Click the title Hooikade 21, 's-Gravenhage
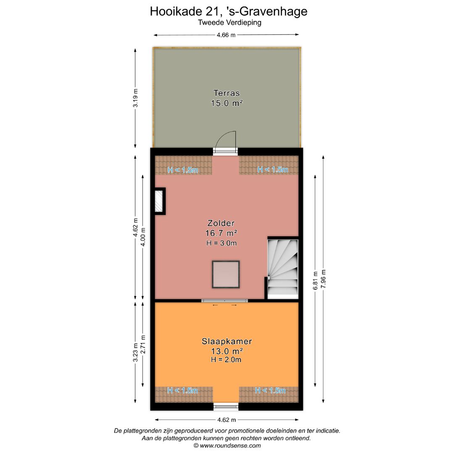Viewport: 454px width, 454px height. pos(228,11)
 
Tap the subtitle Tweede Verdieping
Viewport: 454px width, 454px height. pos(230,23)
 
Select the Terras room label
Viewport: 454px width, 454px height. pos(227,93)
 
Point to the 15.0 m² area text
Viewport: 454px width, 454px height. pos(227,103)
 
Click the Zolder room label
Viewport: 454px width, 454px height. pos(221,223)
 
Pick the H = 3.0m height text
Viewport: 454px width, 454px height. pos(222,243)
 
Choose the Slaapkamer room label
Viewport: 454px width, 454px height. pos(227,341)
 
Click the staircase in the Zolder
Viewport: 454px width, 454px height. pos(283,268)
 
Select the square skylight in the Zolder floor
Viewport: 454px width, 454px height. pos(226,275)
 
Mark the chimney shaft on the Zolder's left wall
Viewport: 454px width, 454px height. pos(159,201)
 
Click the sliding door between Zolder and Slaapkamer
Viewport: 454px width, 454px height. pos(224,301)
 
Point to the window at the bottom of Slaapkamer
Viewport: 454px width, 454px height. pos(226,406)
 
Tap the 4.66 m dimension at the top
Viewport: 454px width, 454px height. pos(226,35)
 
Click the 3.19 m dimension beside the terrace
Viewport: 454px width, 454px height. pos(135,98)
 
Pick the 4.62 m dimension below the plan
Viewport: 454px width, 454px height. pos(227,420)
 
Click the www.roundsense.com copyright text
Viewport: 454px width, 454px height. pos(227,446)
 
